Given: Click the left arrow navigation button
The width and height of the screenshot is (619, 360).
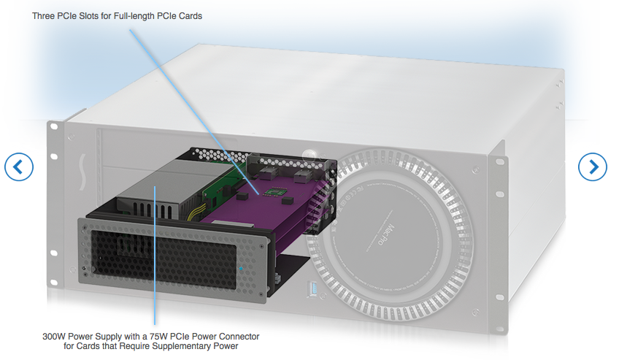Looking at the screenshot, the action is click(x=19, y=167).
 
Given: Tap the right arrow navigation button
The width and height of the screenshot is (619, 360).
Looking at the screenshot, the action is click(x=593, y=167).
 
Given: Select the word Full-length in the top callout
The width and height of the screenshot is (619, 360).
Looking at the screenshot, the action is click(x=134, y=16).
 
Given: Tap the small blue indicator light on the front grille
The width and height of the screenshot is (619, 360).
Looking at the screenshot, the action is click(x=241, y=269).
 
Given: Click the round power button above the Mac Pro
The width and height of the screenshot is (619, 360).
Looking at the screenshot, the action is click(x=309, y=154).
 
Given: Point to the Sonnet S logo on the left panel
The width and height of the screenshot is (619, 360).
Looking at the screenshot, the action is click(x=82, y=172).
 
